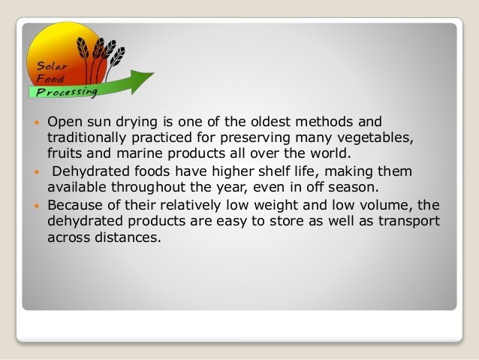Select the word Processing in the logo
coord(64,92)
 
